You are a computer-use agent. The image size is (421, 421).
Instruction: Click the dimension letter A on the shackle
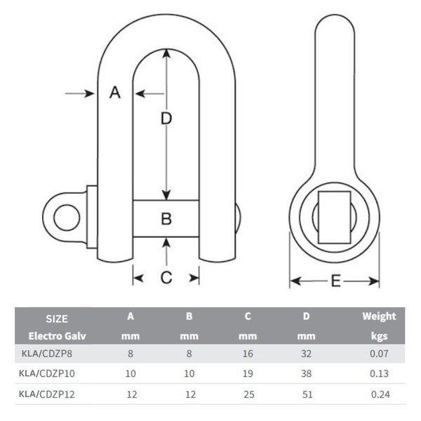116,92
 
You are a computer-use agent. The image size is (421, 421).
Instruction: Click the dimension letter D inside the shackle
166,119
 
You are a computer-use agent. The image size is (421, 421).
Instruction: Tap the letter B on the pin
166,219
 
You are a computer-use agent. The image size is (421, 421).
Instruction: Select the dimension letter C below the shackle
166,278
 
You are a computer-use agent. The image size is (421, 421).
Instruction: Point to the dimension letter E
335,281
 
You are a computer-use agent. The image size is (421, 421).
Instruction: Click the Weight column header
379,316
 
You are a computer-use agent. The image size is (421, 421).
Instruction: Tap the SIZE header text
56,318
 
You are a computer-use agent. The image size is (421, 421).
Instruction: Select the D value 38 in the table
306,375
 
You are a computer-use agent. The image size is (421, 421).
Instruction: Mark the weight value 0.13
379,375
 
